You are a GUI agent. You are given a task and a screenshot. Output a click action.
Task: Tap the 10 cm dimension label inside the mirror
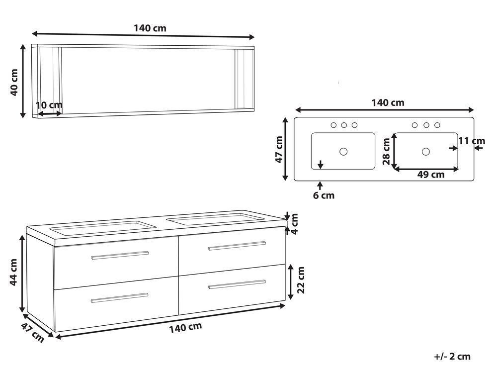pyautogui.click(x=49, y=105)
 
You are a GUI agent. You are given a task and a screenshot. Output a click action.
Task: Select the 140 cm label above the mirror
pyautogui.click(x=150, y=28)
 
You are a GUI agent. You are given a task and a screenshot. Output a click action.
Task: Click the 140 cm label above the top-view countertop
pyautogui.click(x=388, y=103)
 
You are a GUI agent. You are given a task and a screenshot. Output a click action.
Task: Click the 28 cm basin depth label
pyautogui.click(x=386, y=152)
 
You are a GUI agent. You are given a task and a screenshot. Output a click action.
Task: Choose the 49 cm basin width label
pyautogui.click(x=430, y=175)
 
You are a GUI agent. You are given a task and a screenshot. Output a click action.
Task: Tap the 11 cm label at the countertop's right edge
pyautogui.click(x=471, y=141)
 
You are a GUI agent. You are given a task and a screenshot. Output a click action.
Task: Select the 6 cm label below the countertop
pyautogui.click(x=324, y=195)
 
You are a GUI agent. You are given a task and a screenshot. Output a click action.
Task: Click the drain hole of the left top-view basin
pyautogui.click(x=343, y=151)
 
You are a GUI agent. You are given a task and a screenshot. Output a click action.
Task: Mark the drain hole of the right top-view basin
pyautogui.click(x=426, y=151)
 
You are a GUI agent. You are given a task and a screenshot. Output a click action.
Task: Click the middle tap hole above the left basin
pyautogui.click(x=344, y=125)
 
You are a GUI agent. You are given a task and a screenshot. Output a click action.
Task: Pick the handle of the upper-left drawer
pyautogui.click(x=120, y=255)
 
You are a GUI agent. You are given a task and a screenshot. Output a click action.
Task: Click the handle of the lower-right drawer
pyautogui.click(x=237, y=284)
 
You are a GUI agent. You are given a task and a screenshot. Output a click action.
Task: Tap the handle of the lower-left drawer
pyautogui.click(x=119, y=298)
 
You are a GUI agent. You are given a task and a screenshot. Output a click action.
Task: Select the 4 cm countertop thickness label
pyautogui.click(x=294, y=224)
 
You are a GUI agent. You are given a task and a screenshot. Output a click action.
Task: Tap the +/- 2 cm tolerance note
pyautogui.click(x=451, y=356)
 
